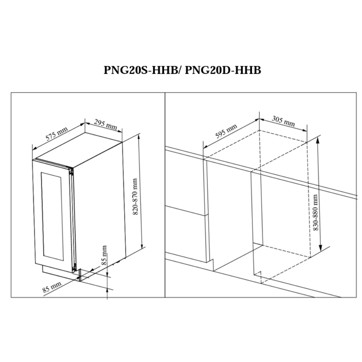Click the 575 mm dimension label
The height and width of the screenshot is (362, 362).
point(56,134)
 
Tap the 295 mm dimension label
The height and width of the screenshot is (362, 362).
point(105,124)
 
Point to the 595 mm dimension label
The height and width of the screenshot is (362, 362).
point(226,131)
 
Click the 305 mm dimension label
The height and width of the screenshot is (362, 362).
point(283,121)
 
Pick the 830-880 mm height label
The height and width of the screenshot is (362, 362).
point(315,212)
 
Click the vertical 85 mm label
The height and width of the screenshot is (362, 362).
point(104,255)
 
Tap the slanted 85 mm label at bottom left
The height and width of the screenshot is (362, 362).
point(52,287)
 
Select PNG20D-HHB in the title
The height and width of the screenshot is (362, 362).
point(223,70)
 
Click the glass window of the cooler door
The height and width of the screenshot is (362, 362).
point(52,216)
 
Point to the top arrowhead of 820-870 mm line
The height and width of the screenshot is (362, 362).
point(139,137)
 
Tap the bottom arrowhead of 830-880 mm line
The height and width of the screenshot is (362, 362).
point(320,248)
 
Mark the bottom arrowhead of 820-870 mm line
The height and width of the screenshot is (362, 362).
point(142,245)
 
